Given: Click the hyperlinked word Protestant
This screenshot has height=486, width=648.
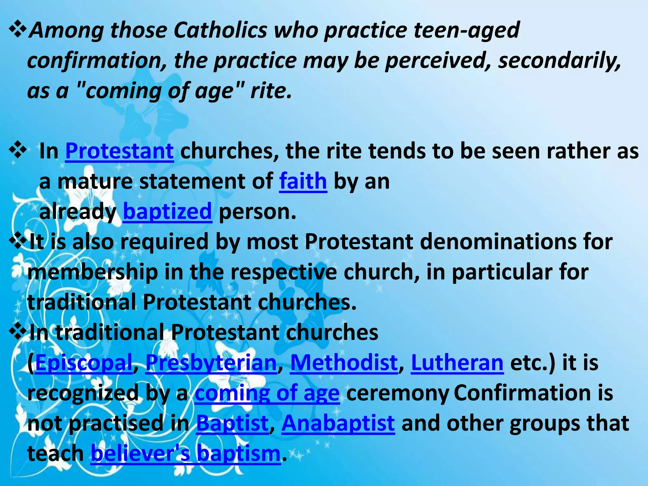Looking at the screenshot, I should (x=119, y=151).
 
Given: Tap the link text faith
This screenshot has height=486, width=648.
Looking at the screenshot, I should (x=303, y=181).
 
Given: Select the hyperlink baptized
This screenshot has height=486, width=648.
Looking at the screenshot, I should (x=167, y=211).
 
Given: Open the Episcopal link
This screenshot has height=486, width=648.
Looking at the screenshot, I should (x=84, y=363).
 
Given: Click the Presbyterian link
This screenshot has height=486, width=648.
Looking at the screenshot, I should (x=211, y=363).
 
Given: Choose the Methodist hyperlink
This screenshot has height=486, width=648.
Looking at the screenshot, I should (x=344, y=363).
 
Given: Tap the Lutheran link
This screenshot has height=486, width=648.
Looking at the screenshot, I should (x=457, y=363).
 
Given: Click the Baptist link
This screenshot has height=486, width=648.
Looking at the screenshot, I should (x=232, y=423).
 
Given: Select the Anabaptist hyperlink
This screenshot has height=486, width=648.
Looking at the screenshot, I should (x=338, y=423).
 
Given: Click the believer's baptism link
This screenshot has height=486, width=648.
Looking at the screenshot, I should (x=185, y=453).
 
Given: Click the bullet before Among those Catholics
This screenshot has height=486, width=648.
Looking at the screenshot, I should (x=18, y=29).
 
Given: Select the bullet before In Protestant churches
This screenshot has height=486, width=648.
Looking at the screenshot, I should (x=18, y=150).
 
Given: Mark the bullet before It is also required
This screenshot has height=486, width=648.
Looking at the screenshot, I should (x=18, y=241).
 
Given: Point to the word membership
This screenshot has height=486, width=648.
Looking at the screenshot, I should (x=92, y=272).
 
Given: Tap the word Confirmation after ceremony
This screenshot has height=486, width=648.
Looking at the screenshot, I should (x=522, y=393).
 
